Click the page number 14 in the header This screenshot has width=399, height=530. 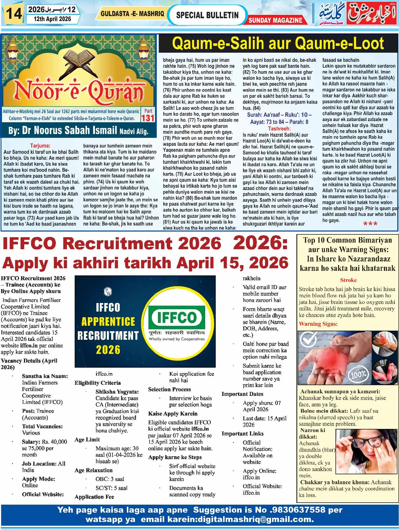click(x=13, y=14)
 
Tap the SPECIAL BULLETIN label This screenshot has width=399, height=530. click(x=207, y=15)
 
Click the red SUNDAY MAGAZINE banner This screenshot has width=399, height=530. click(x=275, y=20)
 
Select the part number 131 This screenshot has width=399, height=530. click(x=148, y=118)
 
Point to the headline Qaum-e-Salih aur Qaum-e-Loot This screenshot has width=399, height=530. click(x=278, y=44)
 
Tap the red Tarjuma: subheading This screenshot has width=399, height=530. click(x=40, y=146)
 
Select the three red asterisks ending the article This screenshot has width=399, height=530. click(x=370, y=224)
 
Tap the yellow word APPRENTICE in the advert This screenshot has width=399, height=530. click(x=108, y=322)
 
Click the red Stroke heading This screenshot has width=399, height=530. click(x=348, y=280)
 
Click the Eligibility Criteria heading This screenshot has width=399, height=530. click(x=97, y=383)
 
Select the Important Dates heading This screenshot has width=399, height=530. click(x=242, y=394)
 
